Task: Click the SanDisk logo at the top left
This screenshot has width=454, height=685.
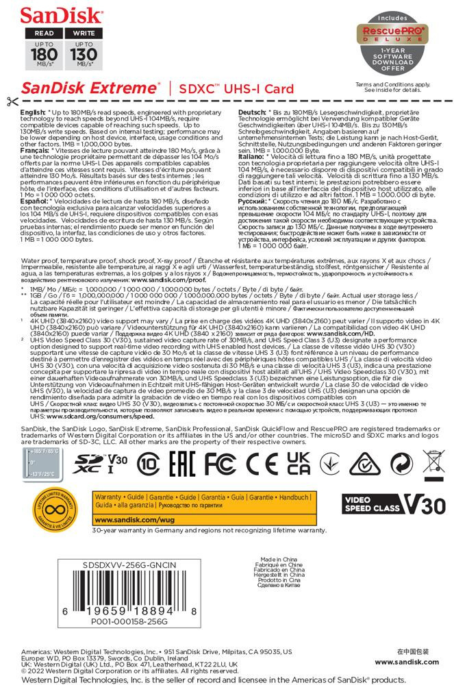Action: click(49, 14)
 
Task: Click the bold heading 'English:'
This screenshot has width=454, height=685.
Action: click(34, 111)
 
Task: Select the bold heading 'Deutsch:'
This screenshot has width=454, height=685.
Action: click(251, 111)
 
